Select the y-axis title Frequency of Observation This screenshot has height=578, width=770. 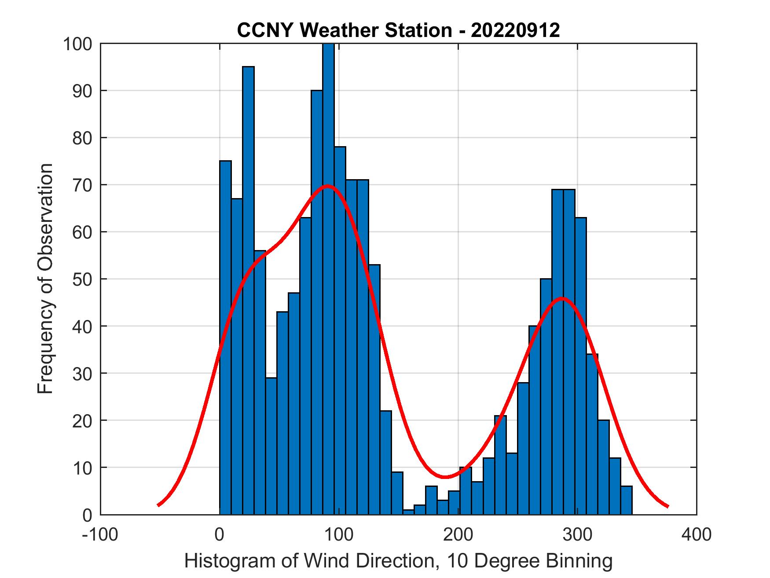(45, 279)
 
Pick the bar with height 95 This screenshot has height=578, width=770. (248, 291)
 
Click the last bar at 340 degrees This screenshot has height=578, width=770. (626, 500)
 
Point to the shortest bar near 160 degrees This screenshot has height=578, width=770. (408, 512)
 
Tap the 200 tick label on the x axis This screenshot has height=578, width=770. (458, 534)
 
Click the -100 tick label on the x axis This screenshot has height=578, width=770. (100, 534)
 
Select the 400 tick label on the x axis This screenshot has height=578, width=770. (697, 534)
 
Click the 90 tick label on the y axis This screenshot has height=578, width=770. (81, 91)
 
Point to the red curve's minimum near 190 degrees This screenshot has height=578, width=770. (446, 477)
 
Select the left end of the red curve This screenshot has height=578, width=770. (158, 505)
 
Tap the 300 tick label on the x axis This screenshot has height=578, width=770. (577, 534)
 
